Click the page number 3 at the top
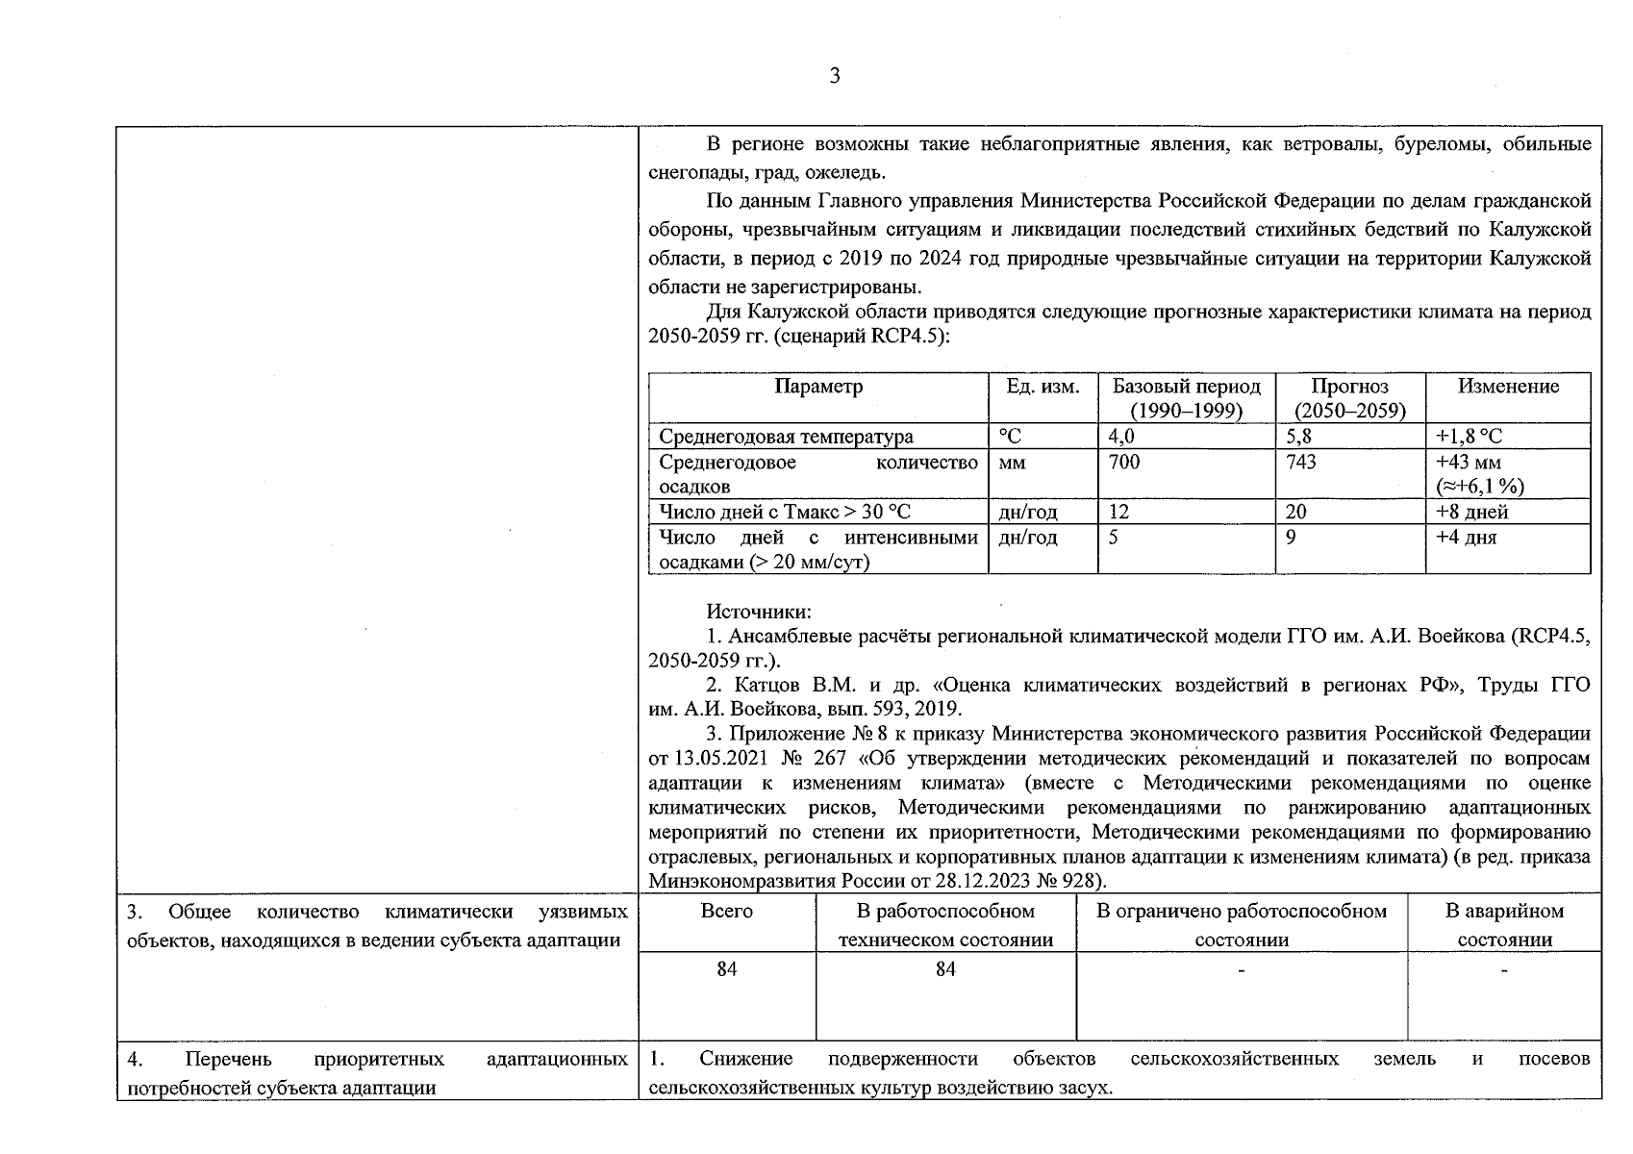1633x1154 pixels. [x=834, y=76]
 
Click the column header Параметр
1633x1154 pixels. [x=818, y=387]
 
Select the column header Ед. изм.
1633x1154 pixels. [x=1043, y=387]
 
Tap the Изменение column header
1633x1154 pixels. [x=1507, y=387]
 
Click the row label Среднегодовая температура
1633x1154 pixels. [x=786, y=437]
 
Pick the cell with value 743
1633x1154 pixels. [x=1301, y=463]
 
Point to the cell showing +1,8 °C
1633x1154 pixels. [x=1469, y=437]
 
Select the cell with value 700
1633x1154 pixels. [x=1123, y=463]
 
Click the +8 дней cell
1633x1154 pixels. [x=1471, y=512]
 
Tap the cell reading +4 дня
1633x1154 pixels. [x=1466, y=538]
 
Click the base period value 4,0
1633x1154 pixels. [x=1121, y=437]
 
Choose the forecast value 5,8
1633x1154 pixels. [x=1298, y=437]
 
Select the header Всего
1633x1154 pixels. [x=727, y=911]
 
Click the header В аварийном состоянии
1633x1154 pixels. [x=1504, y=924]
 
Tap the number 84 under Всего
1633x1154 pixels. [x=727, y=969]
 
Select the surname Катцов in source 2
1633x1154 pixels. [x=771, y=686]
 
